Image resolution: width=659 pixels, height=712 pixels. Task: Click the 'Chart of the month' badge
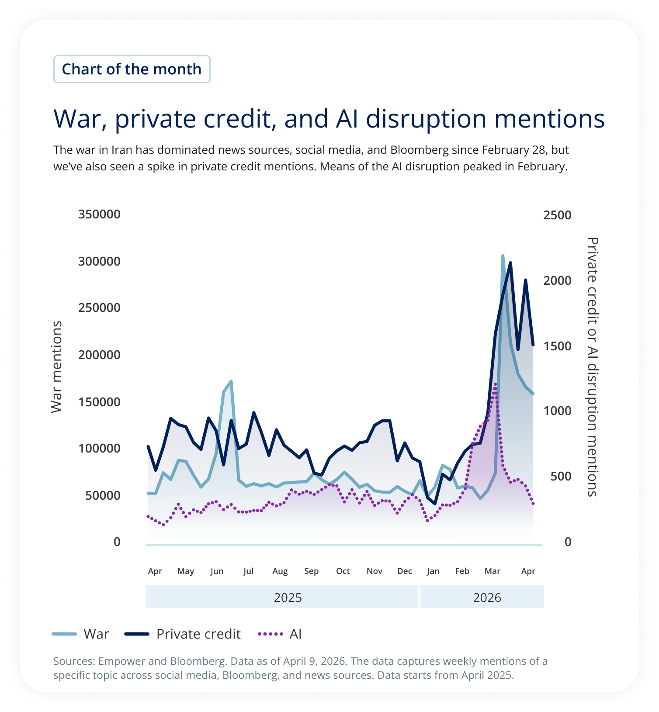(x=132, y=69)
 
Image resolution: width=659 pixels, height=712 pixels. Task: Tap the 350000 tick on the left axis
(x=99, y=214)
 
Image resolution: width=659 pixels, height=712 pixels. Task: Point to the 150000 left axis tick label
(x=99, y=402)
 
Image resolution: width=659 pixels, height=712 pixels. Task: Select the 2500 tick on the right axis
(x=557, y=215)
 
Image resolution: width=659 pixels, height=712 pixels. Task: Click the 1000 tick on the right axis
(x=557, y=411)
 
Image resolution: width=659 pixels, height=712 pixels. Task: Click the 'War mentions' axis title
(x=57, y=367)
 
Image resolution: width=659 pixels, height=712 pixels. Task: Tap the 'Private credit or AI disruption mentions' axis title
(x=592, y=367)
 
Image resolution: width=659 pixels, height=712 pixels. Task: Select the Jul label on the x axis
(x=248, y=571)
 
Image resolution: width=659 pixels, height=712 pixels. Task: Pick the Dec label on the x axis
(x=405, y=571)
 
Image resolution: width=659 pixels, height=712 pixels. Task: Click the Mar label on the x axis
(x=493, y=571)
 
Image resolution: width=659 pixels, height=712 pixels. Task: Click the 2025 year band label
(x=288, y=598)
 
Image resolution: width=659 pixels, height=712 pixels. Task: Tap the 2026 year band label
(x=487, y=598)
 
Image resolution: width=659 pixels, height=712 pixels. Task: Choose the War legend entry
(x=81, y=634)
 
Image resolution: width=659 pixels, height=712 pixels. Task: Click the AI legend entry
(x=280, y=634)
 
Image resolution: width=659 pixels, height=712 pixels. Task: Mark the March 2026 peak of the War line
(x=503, y=256)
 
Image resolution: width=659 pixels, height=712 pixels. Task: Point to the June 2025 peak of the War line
(x=231, y=381)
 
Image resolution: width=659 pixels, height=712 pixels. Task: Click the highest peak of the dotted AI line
(x=495, y=384)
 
